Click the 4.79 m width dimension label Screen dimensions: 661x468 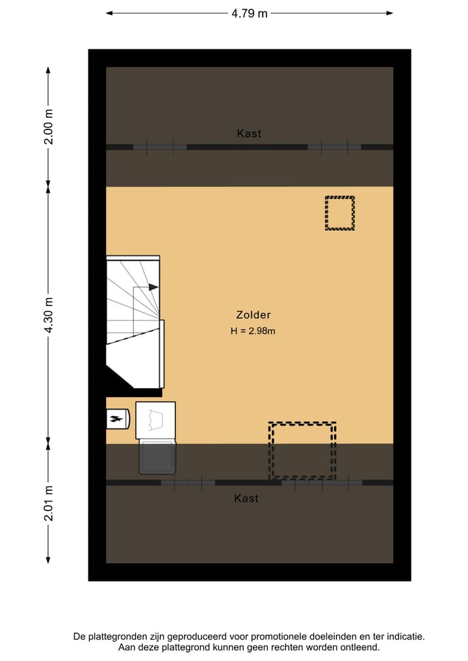pos(249,13)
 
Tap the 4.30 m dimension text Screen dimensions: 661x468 pos(48,315)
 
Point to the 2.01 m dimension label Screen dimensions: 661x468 pos(48,503)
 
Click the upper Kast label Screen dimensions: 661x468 pos(249,133)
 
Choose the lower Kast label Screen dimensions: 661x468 pos(246,499)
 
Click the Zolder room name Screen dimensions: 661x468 pos(253,315)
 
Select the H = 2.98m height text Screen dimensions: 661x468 pos(253,331)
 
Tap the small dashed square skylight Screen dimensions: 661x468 pos(340,213)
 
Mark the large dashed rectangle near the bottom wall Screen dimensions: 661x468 pos(303,451)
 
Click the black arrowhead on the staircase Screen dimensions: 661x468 pos(153,287)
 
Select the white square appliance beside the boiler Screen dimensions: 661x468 pos(155,420)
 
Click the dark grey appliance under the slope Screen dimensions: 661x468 pos(157,456)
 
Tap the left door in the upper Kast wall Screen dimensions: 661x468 pos(160,147)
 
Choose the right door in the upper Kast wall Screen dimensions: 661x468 pos(334,147)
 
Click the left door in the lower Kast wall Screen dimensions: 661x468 pos(188,482)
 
